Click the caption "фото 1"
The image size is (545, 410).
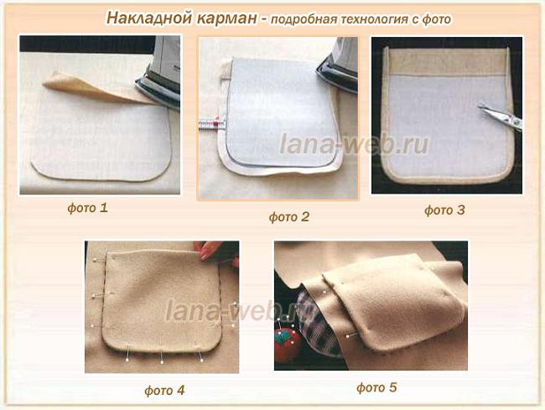[x=87, y=208]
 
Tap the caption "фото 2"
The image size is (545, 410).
[x=288, y=217]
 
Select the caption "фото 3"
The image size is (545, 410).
[x=444, y=210]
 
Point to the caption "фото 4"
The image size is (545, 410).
[x=164, y=390]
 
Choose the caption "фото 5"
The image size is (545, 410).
[x=376, y=387]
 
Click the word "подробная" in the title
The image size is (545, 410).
[x=304, y=19]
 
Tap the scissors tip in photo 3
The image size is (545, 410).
[x=479, y=106]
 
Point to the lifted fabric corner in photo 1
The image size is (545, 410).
[x=57, y=81]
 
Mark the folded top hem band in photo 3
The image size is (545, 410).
[x=447, y=61]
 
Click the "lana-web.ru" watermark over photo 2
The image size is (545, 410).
[x=354, y=144]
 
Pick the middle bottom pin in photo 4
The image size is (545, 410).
[x=162, y=356]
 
